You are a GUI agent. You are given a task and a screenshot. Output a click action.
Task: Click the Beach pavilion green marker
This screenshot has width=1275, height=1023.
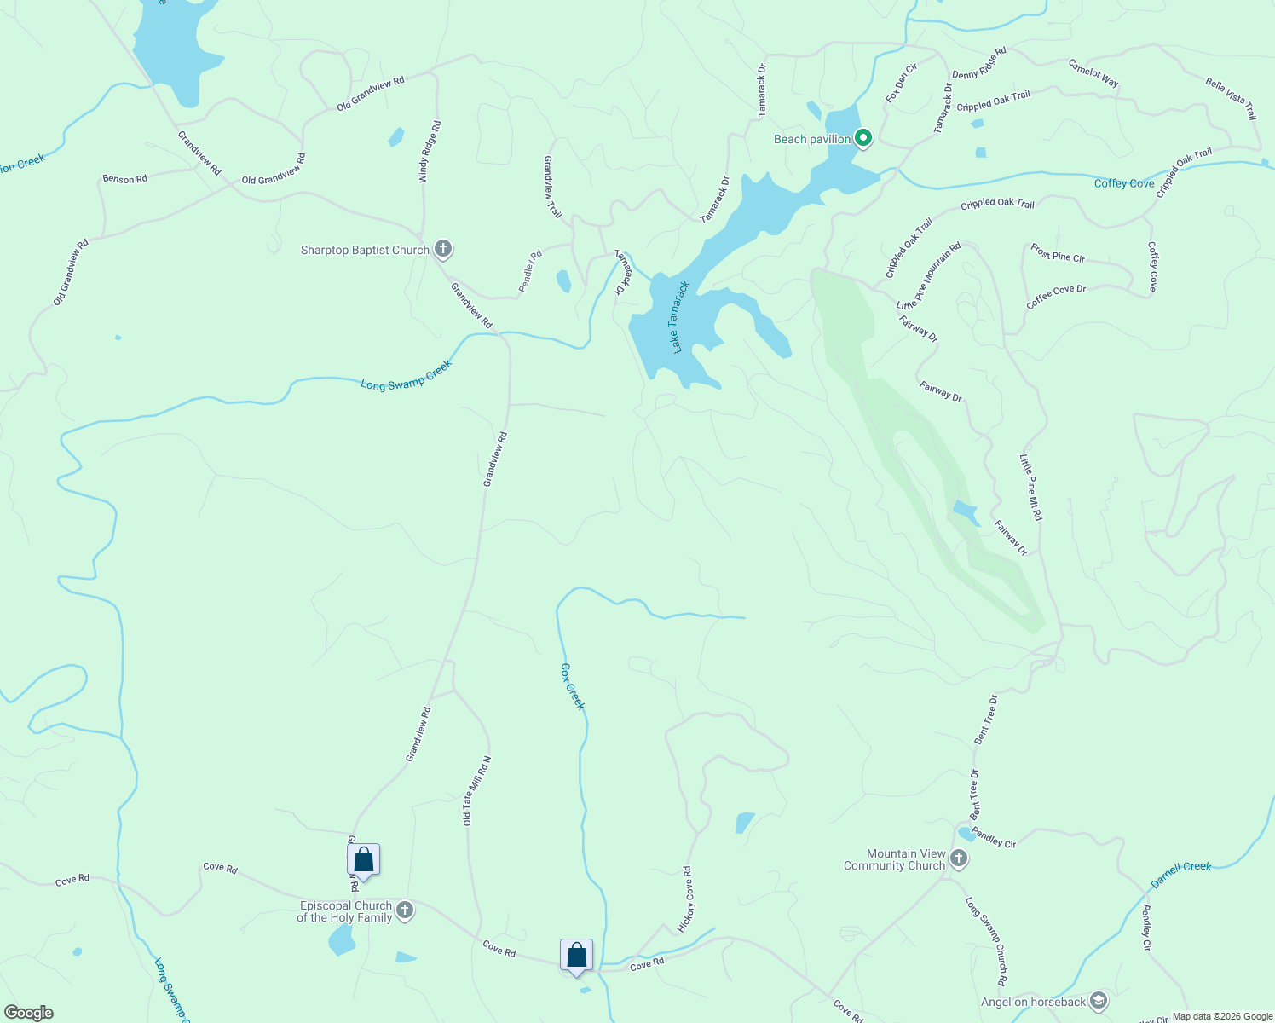click(863, 137)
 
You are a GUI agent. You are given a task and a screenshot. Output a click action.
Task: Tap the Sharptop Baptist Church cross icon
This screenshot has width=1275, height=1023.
click(442, 249)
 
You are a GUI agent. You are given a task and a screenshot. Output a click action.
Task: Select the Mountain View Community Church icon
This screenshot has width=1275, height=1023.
click(959, 858)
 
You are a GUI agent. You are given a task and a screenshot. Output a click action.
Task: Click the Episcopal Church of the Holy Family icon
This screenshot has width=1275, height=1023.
click(405, 910)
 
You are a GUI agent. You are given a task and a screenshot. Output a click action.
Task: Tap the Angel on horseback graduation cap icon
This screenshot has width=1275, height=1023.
click(1099, 1001)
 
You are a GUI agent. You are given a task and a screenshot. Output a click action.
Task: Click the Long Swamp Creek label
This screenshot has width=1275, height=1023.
click(406, 376)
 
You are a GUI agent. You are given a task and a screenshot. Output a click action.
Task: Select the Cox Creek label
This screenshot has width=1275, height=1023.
click(574, 686)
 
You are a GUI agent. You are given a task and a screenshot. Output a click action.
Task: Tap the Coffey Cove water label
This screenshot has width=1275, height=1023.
click(1124, 183)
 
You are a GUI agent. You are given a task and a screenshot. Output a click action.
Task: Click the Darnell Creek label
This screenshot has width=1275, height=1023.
click(1180, 872)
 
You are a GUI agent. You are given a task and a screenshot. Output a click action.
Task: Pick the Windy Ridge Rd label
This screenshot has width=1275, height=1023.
click(430, 152)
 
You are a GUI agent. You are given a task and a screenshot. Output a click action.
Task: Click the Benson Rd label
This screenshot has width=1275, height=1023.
click(124, 179)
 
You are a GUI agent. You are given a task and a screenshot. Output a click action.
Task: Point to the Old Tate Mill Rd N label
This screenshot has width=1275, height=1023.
click(476, 790)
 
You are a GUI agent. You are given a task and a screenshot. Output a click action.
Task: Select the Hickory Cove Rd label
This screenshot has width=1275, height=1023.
click(686, 899)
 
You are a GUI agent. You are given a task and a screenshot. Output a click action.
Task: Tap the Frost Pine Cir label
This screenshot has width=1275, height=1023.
click(1058, 253)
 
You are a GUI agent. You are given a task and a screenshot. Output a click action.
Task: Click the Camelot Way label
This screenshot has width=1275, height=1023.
click(1093, 73)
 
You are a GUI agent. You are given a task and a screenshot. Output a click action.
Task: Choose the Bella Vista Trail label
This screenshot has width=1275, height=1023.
click(1231, 98)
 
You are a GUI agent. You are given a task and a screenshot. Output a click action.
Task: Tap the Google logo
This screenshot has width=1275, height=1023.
click(29, 1013)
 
